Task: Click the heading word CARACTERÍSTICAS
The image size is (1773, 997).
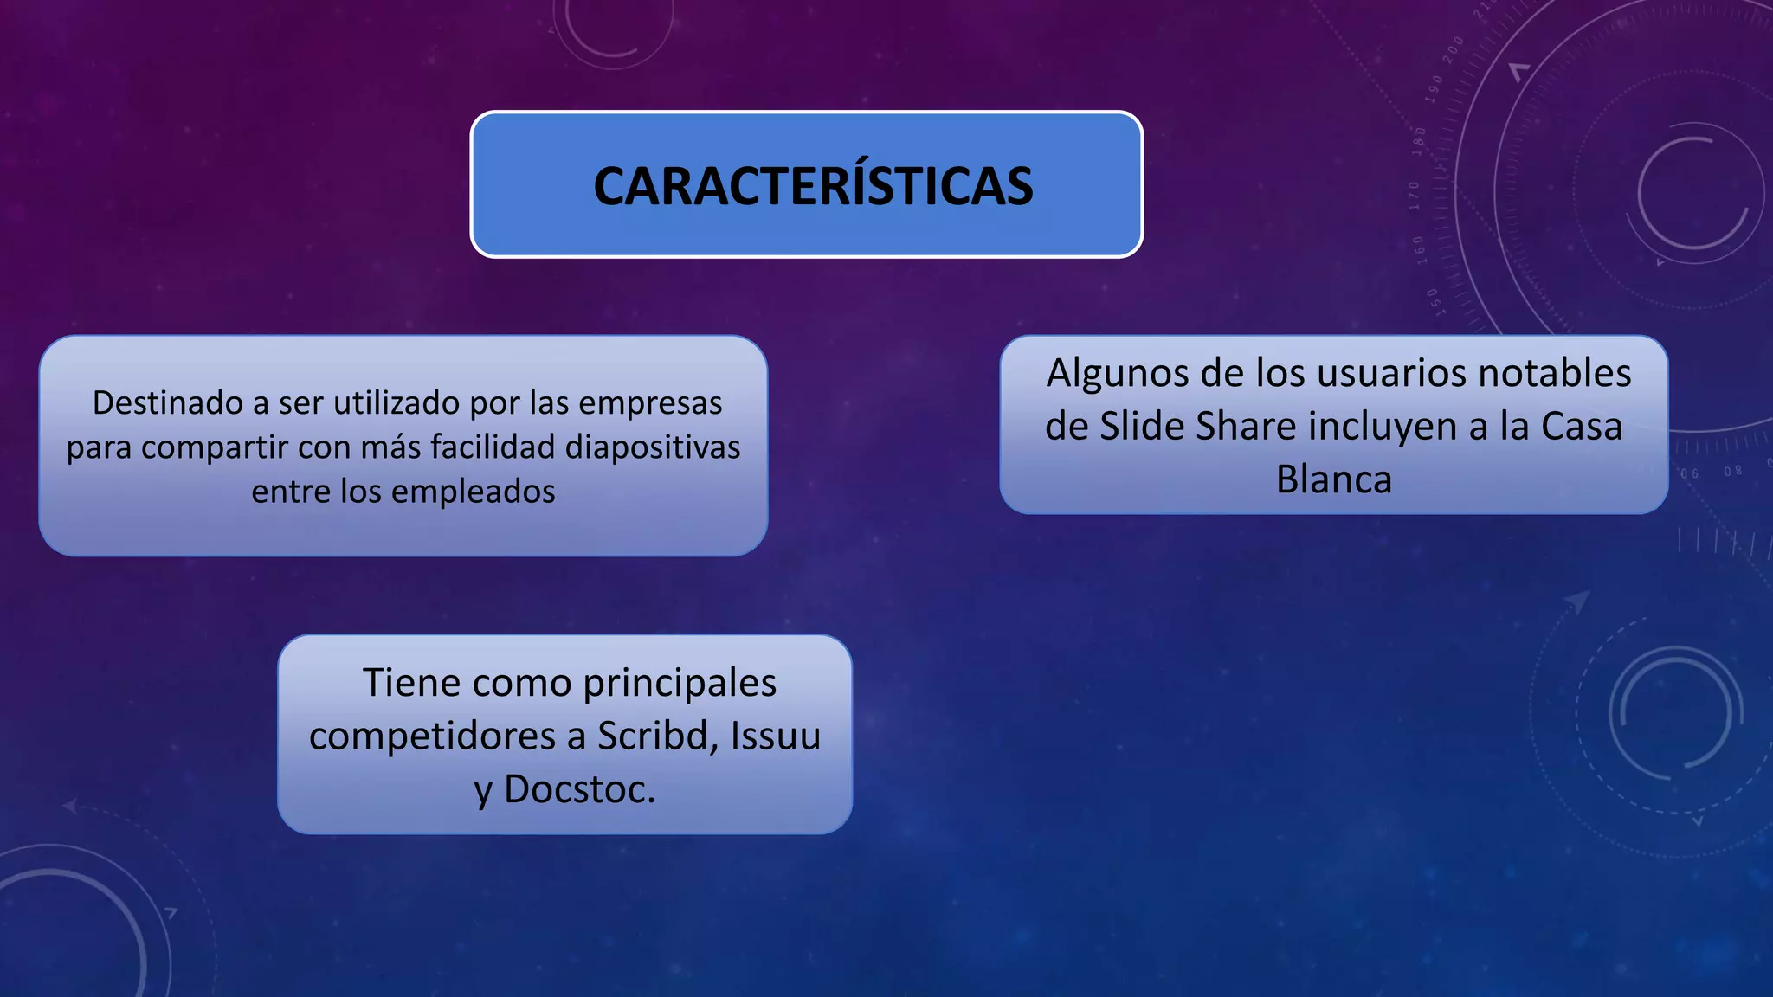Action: point(812,186)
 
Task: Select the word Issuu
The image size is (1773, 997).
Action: point(775,736)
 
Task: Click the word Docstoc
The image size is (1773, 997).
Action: point(579,789)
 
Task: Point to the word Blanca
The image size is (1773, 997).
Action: point(1333,479)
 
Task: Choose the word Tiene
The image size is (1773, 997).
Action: point(412,683)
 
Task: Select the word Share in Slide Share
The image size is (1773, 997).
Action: point(1247,427)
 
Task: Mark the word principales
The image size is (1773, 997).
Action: point(680,683)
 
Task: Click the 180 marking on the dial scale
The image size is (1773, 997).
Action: point(1419,141)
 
